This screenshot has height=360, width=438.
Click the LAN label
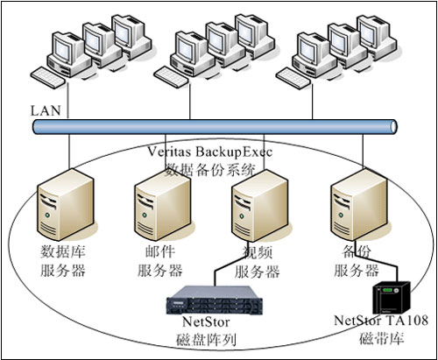pos(46,111)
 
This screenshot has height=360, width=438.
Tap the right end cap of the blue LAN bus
pos(393,127)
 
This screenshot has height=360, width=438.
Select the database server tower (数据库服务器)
pos(66,205)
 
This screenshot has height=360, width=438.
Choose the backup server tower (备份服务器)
pos(359,205)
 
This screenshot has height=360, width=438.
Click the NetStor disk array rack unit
pos(215,300)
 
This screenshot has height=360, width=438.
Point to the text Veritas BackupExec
pos(209,152)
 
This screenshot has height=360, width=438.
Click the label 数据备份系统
pos(210,170)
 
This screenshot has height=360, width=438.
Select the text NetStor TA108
pos(381,321)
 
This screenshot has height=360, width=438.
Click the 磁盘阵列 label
pos(206,340)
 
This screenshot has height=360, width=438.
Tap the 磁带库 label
pos(381,338)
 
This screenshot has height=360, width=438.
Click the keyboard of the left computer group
pos(48,78)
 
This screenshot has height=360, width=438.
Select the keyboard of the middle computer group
pos(172,77)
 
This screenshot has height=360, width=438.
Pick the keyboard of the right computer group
pos(293,78)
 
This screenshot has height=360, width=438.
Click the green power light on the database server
pos(47,215)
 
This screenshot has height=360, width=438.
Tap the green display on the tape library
pos(388,290)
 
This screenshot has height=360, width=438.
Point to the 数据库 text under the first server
pos(62,251)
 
